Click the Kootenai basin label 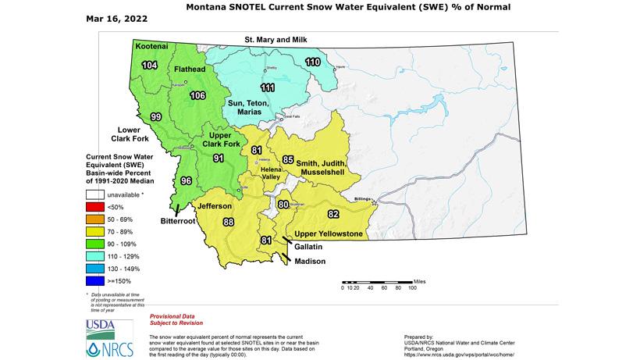(x=151, y=47)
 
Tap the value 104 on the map (x=150, y=66)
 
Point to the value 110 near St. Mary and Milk (x=312, y=62)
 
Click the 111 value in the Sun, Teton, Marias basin (x=268, y=87)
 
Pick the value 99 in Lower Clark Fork (x=155, y=116)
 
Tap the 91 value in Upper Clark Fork (x=219, y=158)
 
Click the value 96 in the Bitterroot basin (x=186, y=180)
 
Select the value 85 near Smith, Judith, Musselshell (x=288, y=159)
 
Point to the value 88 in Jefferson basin (x=229, y=222)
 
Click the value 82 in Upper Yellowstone (x=333, y=213)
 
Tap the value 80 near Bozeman (x=283, y=205)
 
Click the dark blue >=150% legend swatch (x=97, y=280)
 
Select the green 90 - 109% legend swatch (x=97, y=243)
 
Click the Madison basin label (x=310, y=261)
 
